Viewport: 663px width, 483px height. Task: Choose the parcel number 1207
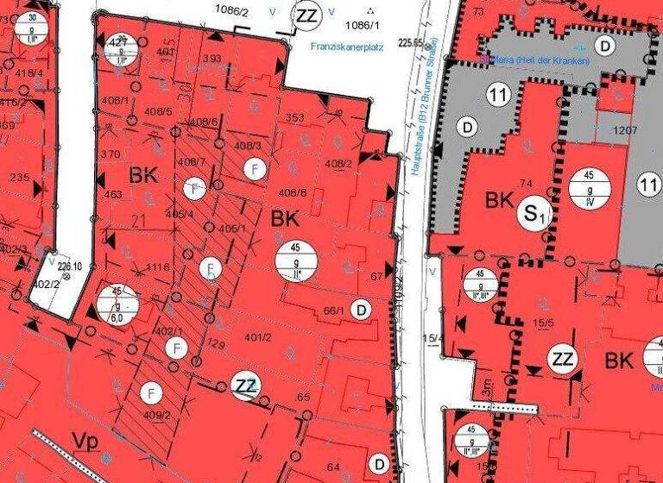tap(625, 131)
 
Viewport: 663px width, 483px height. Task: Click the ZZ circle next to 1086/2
tap(306, 15)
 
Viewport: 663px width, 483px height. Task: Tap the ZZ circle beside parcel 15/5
tap(563, 358)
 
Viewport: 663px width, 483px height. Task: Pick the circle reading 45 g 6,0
tap(117, 302)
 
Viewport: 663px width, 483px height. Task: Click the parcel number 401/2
tap(258, 337)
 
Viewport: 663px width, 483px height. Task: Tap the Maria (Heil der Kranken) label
tap(540, 61)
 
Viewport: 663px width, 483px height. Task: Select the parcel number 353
tap(294, 117)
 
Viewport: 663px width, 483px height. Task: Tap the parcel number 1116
tap(159, 268)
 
